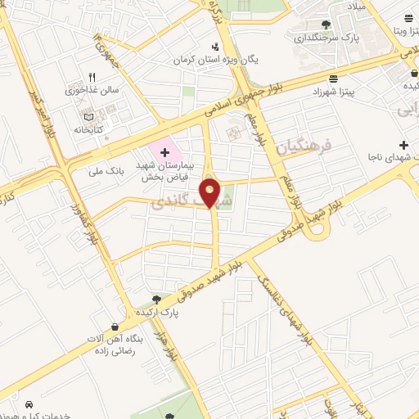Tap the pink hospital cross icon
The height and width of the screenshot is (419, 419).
click(x=164, y=152)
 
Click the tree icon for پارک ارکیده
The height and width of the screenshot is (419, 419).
click(x=156, y=301)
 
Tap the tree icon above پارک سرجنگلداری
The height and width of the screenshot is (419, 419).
click(x=326, y=24)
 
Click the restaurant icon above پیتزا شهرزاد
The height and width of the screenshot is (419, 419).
click(x=333, y=79)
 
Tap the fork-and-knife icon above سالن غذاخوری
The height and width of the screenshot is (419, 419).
click(x=103, y=76)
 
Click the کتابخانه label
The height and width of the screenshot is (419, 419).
click(x=89, y=129)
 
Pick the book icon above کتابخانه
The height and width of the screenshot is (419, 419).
click(x=100, y=115)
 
